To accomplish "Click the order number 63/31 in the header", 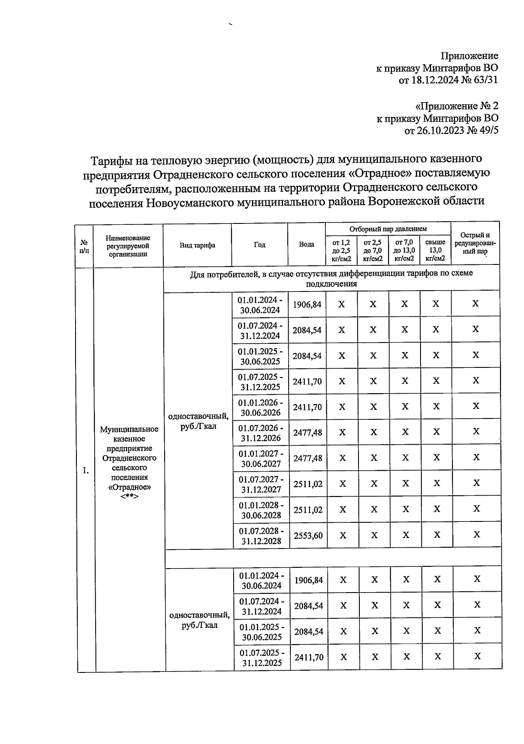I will click(484, 80).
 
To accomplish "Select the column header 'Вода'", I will click(307, 244).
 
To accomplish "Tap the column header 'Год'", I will click(259, 245).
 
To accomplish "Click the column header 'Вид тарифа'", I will click(197, 245).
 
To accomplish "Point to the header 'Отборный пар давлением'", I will click(388, 229).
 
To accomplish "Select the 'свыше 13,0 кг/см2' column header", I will click(435, 250).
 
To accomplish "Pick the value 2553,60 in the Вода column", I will click(308, 535).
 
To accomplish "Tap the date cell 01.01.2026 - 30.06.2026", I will click(260, 407).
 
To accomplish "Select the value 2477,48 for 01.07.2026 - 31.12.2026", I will click(307, 432).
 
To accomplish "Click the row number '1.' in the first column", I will click(86, 470).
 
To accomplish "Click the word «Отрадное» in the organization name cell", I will click(129, 487).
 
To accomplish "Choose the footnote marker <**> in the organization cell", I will click(129, 497).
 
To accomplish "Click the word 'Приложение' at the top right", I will click(469, 56).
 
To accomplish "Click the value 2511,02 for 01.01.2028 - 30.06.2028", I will click(307, 510).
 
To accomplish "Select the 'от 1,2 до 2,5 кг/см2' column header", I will click(341, 250).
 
